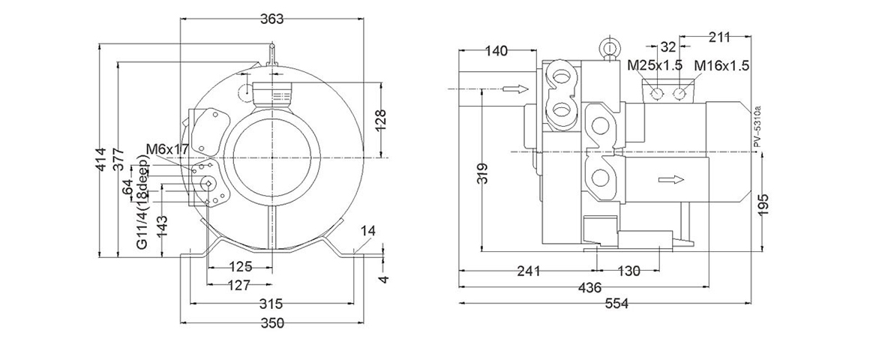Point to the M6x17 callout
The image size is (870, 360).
coord(166,150)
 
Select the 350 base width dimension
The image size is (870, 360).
coord(271,323)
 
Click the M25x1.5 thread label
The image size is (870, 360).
coord(655,65)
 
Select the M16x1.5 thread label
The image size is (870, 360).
coord(721,65)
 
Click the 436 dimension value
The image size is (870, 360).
coord(590,288)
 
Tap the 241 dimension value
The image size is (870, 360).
coord(529,271)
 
